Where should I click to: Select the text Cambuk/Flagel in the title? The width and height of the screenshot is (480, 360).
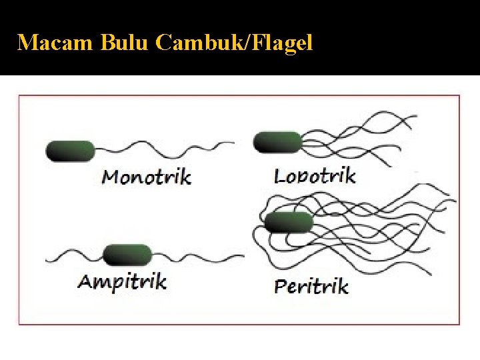tap(233, 43)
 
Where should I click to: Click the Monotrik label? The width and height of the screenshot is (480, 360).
tap(146, 177)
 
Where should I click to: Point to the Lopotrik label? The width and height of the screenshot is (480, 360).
tap(315, 176)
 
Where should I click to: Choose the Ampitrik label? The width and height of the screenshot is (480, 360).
tap(122, 281)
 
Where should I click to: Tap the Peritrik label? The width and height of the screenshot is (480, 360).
tap(311, 287)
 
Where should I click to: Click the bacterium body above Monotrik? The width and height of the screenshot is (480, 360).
tap(70, 151)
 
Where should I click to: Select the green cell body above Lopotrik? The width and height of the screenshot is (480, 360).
tap(277, 142)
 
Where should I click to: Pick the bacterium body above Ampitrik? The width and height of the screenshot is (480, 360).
tap(128, 254)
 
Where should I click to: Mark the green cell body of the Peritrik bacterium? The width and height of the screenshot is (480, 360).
tap(288, 222)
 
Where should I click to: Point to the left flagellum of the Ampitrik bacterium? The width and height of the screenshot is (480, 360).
tap(73, 255)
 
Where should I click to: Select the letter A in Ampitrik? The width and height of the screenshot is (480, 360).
tap(86, 281)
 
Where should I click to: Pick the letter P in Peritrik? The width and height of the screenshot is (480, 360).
tap(281, 287)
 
